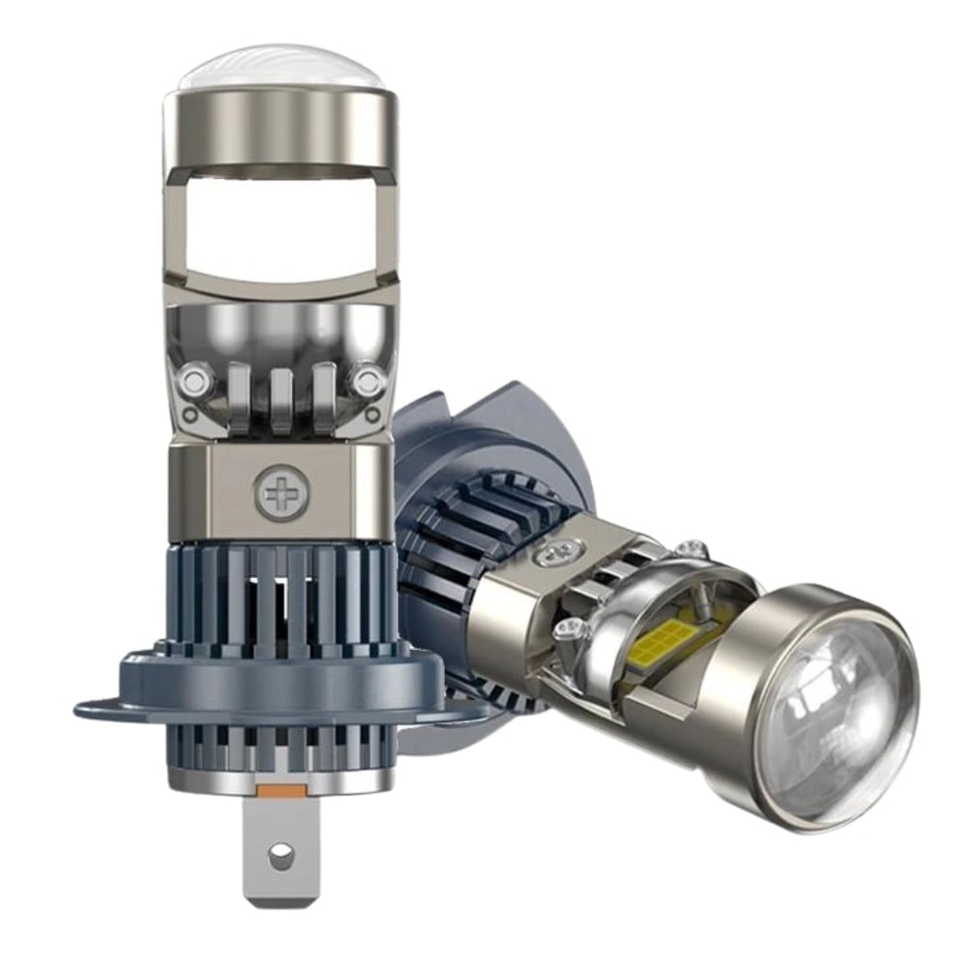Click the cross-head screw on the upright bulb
pos(279,495)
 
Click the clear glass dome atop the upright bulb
pos(280,68)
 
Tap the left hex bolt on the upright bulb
pos(193,379)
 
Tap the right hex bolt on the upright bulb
pos(367,379)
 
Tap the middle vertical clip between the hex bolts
pos(280,396)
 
